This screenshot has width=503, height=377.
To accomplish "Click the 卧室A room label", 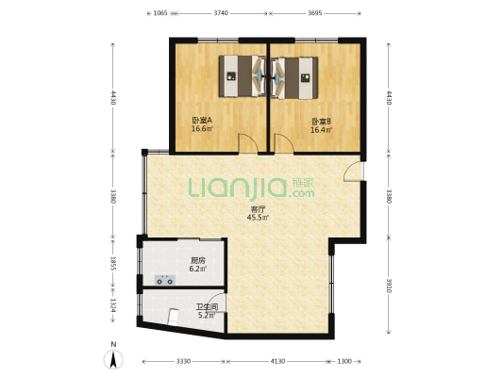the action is click(202, 121).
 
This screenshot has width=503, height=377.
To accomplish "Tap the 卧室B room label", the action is click(321, 122).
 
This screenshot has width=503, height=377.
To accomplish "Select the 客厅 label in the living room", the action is click(258, 209).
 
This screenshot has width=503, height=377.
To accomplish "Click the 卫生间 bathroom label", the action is click(207, 307).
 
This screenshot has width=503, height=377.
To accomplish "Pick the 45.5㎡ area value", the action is click(258, 218).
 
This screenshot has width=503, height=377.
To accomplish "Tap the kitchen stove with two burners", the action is click(165, 280).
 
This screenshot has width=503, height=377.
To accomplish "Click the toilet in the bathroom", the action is click(174, 317).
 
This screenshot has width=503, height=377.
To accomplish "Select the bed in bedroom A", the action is click(243, 76).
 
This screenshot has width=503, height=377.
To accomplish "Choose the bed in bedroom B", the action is click(294, 78).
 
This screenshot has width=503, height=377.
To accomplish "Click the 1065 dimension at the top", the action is click(160, 13).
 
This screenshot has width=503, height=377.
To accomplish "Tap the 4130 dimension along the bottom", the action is click(277, 361).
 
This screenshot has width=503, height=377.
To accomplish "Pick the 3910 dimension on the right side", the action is click(389, 285).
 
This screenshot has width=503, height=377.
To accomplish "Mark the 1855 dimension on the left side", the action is click(113, 263).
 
